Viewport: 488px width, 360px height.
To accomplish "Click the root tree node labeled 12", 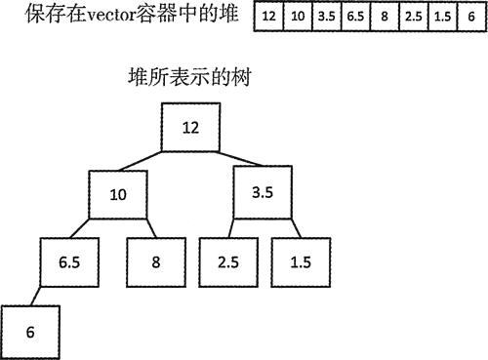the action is [190, 128].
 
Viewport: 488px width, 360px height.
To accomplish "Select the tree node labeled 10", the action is [118, 194].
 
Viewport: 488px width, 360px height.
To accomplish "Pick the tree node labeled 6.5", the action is [68, 261].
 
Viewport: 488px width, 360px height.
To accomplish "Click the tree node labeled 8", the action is [154, 261].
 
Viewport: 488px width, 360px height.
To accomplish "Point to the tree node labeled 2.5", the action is [226, 261].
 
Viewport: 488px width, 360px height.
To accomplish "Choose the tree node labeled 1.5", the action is [300, 261].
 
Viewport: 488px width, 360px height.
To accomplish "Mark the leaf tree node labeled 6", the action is [30, 330].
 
